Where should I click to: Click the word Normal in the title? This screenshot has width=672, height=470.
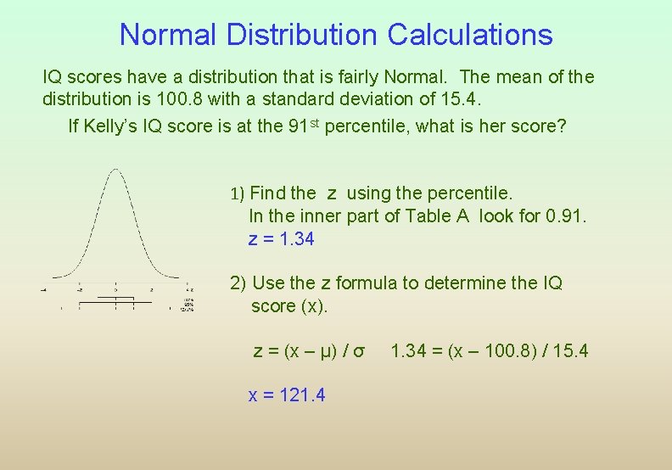coord(167,35)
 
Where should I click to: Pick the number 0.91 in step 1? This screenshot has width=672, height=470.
coord(566,215)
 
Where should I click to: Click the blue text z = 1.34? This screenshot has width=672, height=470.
coord(281,239)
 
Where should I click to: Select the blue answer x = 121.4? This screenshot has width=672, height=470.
coord(287,394)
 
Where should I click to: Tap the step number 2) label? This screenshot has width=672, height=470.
coord(238,283)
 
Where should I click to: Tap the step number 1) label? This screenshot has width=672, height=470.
coord(238,193)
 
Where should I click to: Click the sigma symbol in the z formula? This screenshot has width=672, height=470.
coord(359,350)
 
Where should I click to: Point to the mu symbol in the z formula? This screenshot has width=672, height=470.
coord(325,350)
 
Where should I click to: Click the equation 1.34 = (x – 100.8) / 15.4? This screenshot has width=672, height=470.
coord(490,350)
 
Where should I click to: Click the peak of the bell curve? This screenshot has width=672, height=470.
coord(115,171)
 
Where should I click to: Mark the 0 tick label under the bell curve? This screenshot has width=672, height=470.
coord(115,288)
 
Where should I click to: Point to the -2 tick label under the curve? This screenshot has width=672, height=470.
coord(79,288)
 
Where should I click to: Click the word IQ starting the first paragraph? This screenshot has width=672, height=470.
coord(53,77)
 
